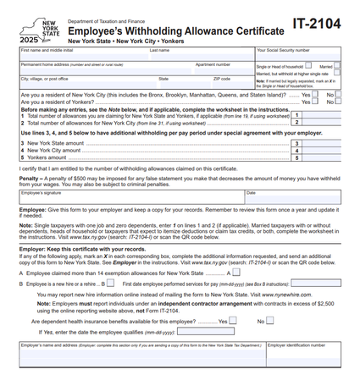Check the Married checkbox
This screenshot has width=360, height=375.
(x=337, y=65)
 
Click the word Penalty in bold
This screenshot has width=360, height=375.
(x=29, y=179)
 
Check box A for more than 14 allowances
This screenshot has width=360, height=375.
(x=238, y=273)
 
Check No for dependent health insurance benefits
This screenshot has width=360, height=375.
(x=272, y=321)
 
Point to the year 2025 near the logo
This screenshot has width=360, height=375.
(x=29, y=40)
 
